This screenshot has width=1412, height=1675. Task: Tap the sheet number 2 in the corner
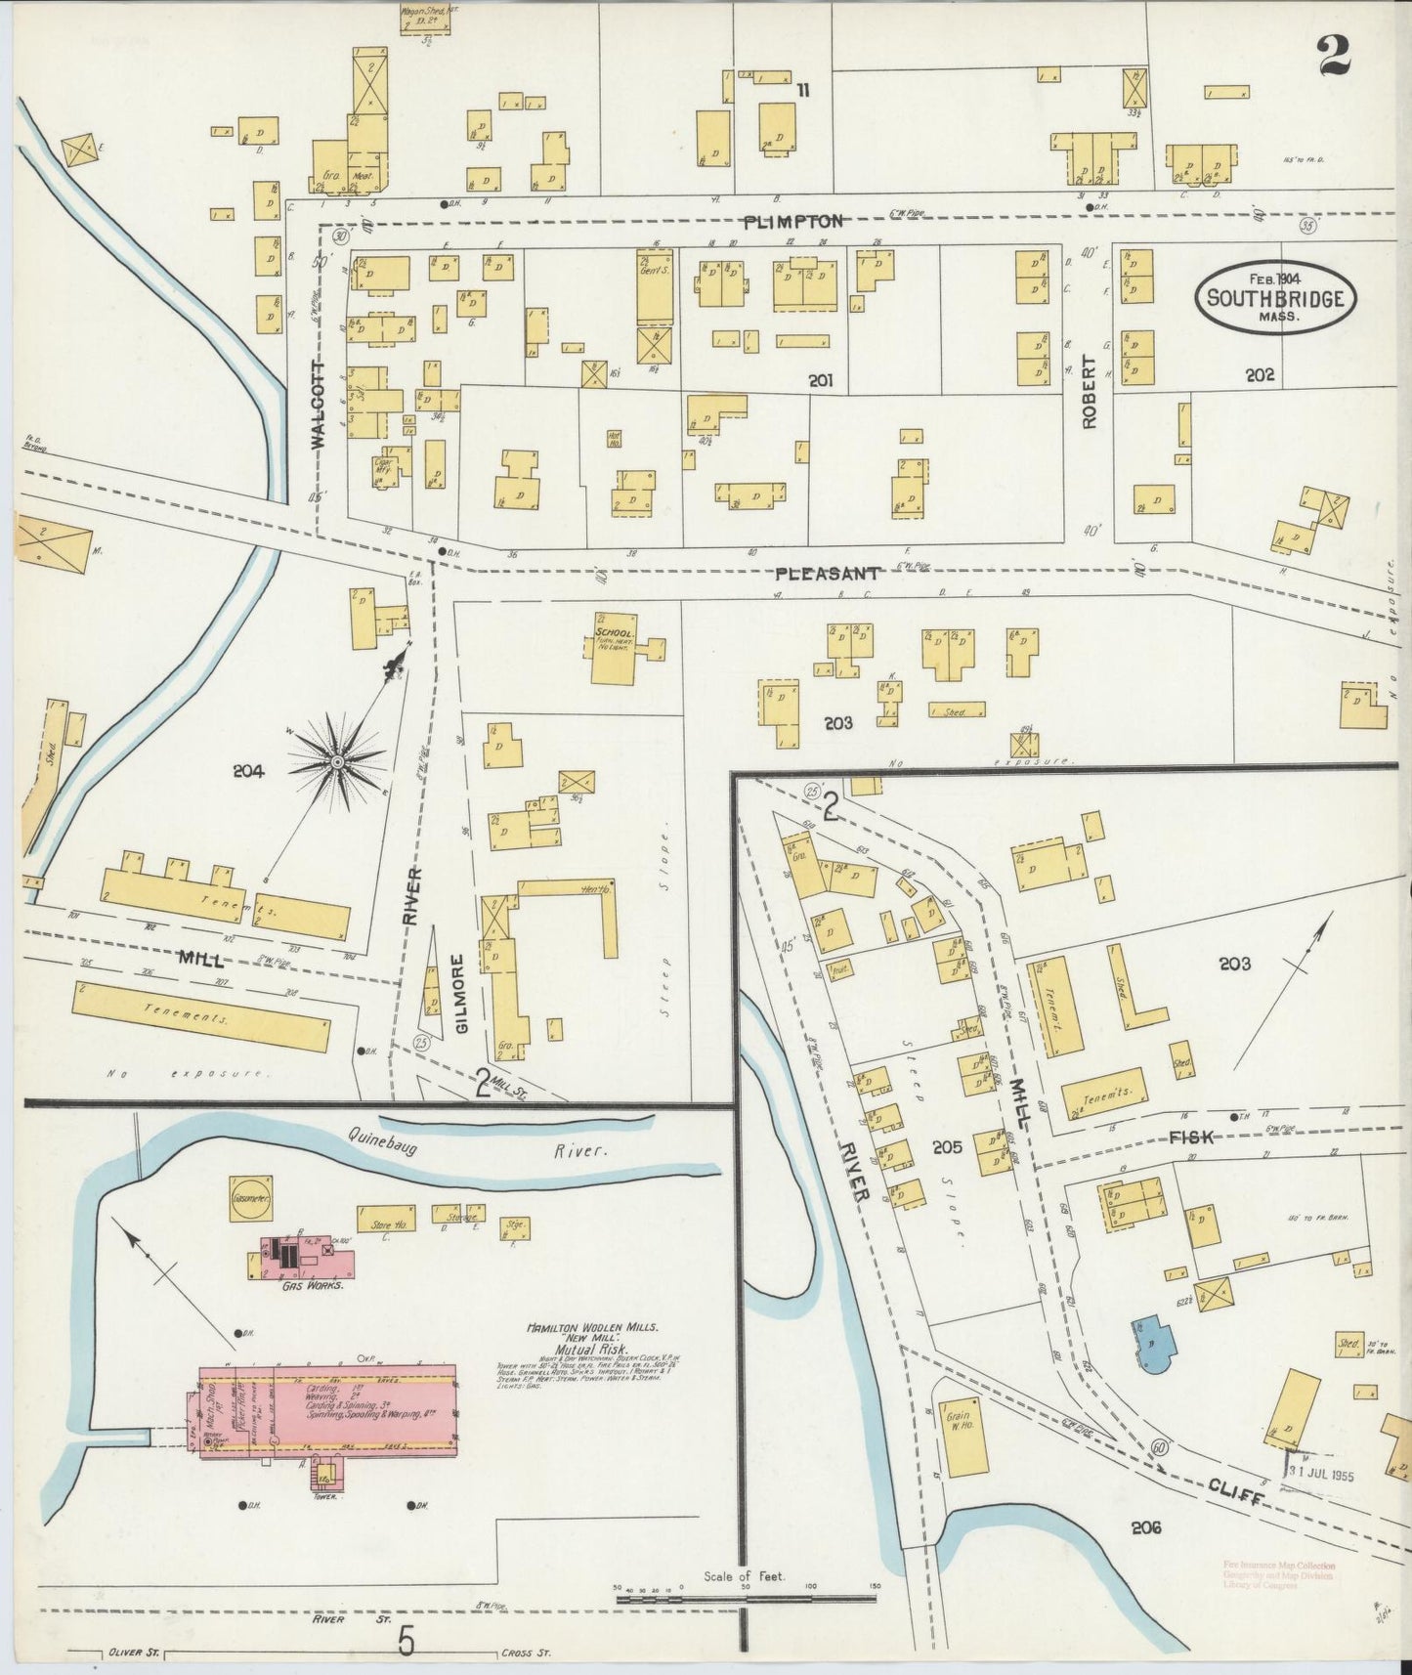pos(1333,56)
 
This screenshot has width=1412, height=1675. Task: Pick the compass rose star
pos(338,761)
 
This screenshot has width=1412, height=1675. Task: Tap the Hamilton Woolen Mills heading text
pos(592,1328)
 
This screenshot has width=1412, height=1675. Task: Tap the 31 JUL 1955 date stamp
pos(1319,1475)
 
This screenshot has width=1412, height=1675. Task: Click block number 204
pos(248,771)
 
